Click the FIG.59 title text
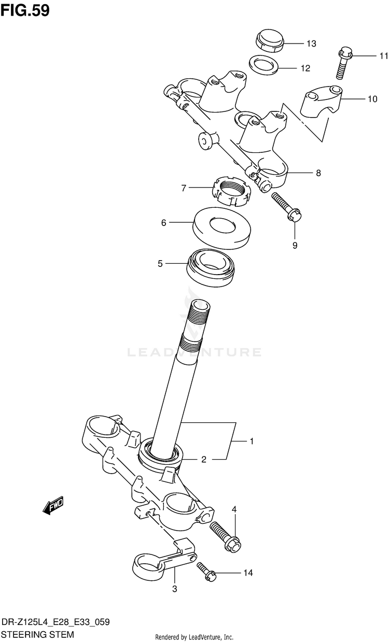coord(25,10)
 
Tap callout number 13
coord(311,44)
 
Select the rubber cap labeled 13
coord(269,41)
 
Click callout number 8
coord(318,173)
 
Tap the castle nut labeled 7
coord(231,191)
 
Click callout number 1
coord(251,441)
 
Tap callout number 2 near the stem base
coord(204,459)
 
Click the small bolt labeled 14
coord(206,572)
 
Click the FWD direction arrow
coord(53,506)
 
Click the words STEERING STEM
coord(38,634)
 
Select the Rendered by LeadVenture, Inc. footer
coord(195,637)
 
